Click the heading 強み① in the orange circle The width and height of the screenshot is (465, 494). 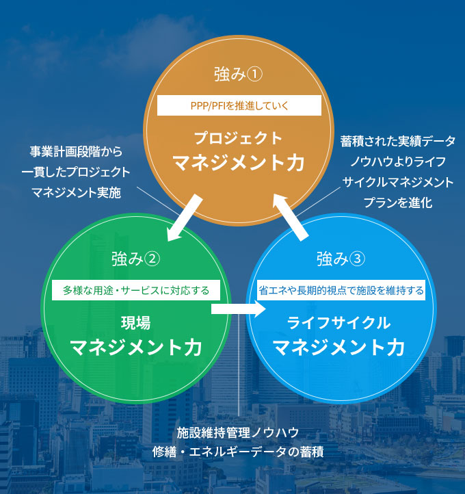tap(239, 75)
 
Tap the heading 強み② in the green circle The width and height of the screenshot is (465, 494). tap(135, 259)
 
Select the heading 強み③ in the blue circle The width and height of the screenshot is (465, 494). tap(341, 259)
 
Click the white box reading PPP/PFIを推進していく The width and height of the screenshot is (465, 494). tap(239, 105)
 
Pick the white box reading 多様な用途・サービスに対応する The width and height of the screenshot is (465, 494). tap(136, 290)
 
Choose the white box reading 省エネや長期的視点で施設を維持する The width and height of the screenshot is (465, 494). tap(341, 290)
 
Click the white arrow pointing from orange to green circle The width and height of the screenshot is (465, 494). tap(184, 218)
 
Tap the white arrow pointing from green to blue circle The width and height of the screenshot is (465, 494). tap(239, 309)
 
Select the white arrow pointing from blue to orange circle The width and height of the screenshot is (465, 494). tap(290, 218)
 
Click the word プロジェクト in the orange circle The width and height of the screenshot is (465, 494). tap(239, 138)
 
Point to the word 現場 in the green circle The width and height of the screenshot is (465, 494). tap(136, 323)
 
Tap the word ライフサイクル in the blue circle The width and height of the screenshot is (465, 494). tap(339, 323)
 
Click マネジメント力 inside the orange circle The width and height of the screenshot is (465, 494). tap(239, 163)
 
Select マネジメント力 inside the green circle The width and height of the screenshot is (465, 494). tap(136, 347)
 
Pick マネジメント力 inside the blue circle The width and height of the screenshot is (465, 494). tap(339, 347)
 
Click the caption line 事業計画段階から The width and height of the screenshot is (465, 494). tap(76, 152)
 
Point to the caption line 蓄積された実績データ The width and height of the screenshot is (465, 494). tap(397, 141)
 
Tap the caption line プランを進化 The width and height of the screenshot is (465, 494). tap(398, 203)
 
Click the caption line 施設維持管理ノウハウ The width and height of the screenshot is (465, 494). tap(238, 432)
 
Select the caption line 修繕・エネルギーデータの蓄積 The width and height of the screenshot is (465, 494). tap(238, 452)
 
